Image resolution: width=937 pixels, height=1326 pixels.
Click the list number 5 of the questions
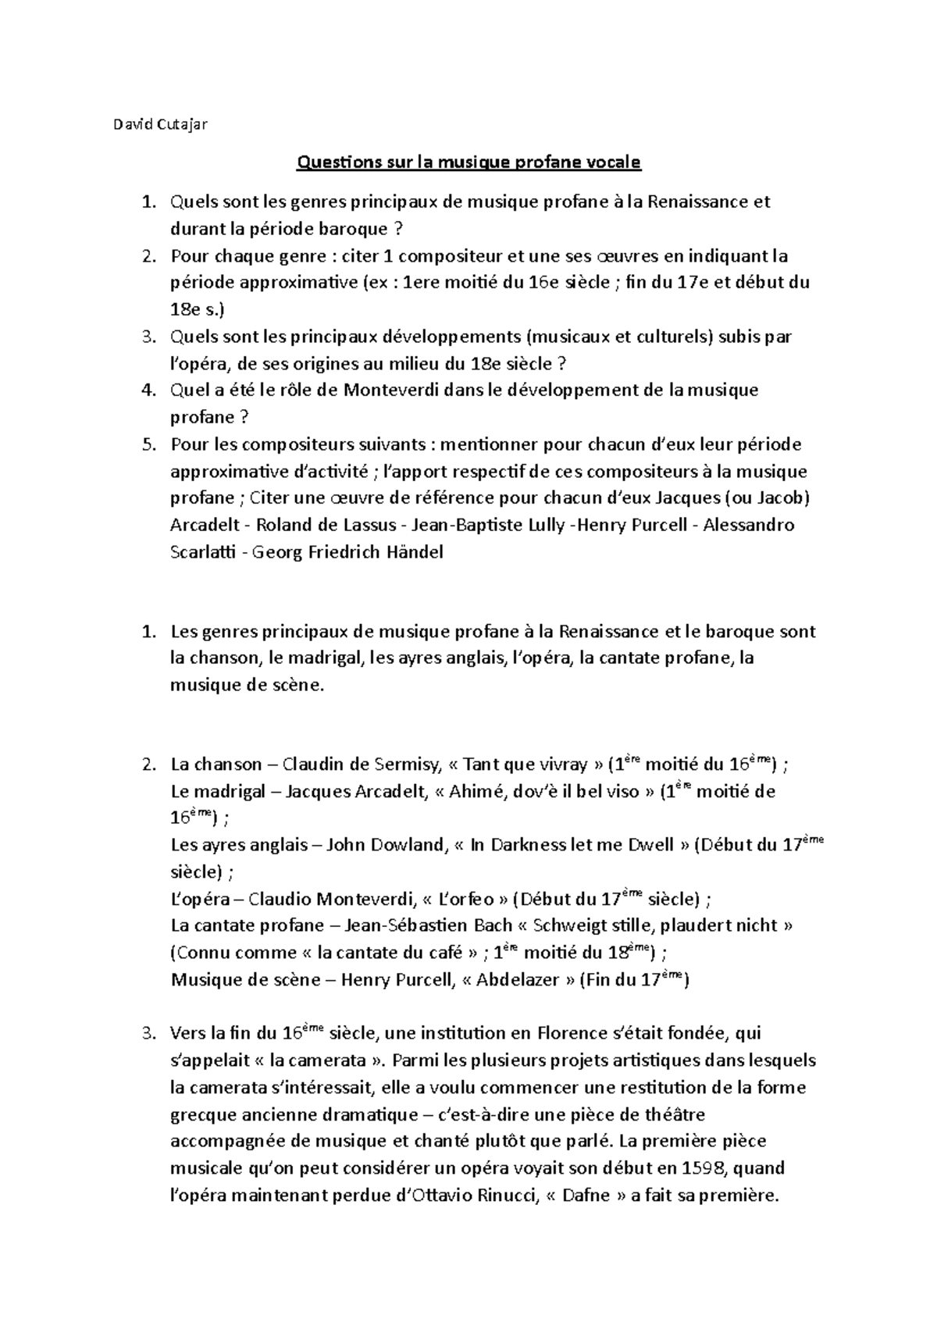click(x=148, y=445)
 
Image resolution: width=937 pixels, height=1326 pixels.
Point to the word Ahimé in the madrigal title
click(x=477, y=792)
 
